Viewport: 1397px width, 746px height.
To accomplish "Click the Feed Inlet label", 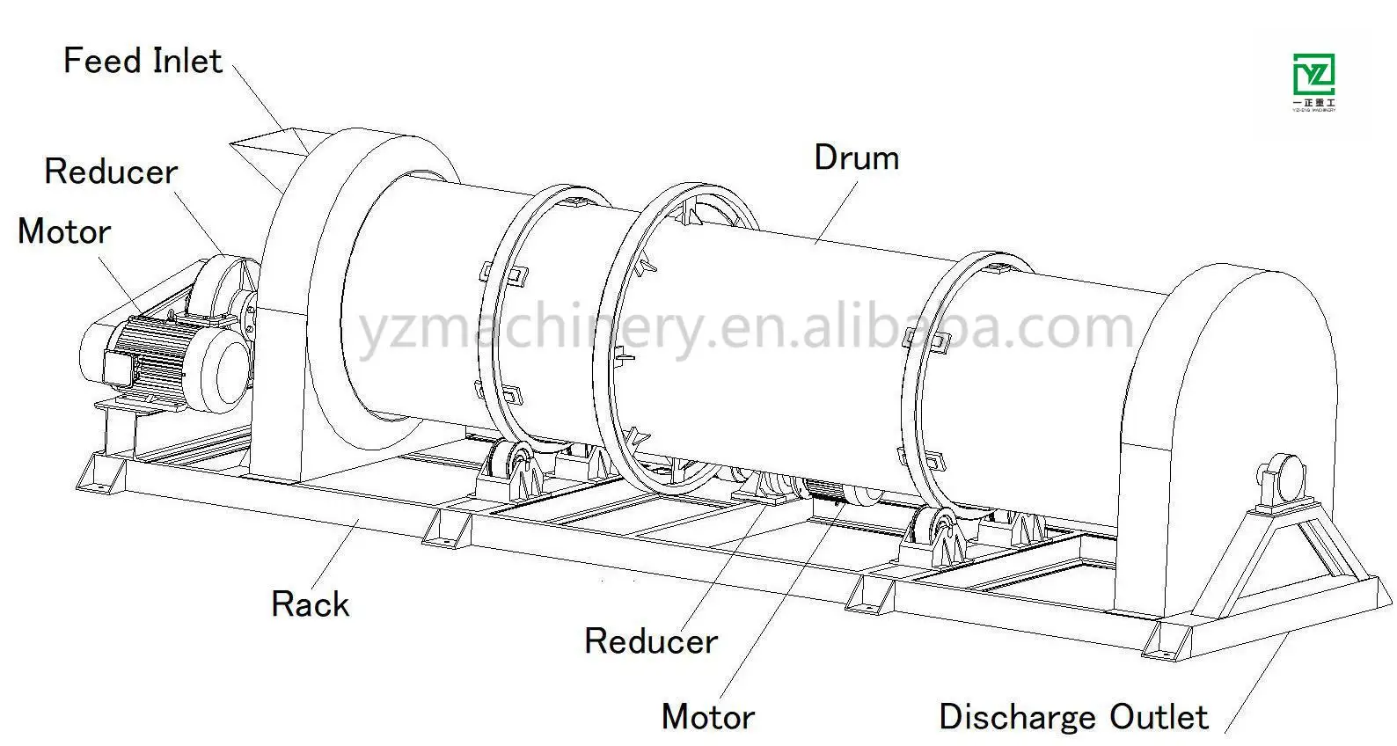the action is [143, 61].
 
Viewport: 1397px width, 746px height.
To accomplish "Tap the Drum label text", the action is [856, 157].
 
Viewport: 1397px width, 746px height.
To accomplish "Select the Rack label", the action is [310, 604].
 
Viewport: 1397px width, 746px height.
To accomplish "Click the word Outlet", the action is [1159, 716].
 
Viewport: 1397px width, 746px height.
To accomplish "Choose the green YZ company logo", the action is [1313, 79].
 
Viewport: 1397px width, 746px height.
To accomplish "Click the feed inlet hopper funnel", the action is [269, 155].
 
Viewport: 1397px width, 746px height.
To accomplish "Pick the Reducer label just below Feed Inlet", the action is [111, 172].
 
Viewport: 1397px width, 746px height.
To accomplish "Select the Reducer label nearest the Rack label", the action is [651, 641].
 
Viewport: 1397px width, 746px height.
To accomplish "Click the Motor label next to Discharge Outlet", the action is [708, 716].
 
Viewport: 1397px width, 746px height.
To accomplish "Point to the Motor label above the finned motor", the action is [64, 231].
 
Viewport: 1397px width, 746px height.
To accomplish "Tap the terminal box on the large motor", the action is [118, 368].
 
